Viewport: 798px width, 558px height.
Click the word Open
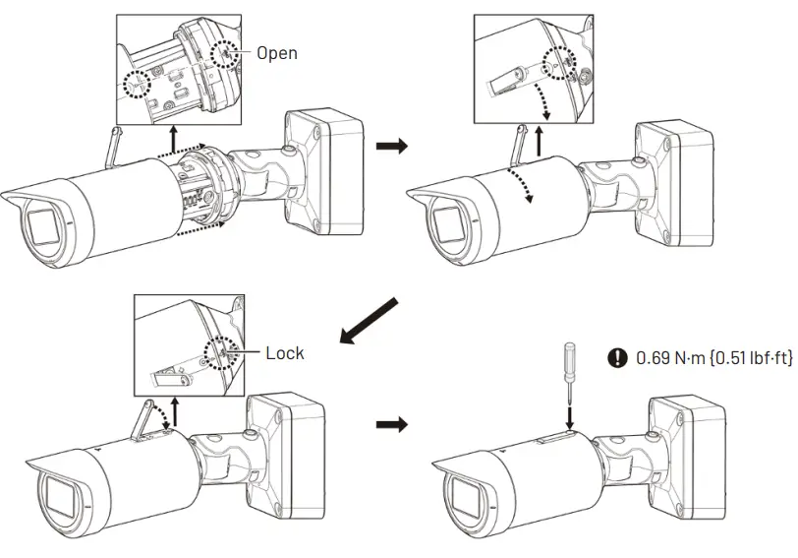277,53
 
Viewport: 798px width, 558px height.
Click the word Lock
285,352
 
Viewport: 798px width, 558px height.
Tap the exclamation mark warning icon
617,358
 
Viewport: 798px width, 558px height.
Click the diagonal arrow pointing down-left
370,321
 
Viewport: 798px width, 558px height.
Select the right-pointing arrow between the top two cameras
391,146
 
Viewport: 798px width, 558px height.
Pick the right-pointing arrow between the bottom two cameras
391,424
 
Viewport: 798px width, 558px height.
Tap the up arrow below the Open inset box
175,140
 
